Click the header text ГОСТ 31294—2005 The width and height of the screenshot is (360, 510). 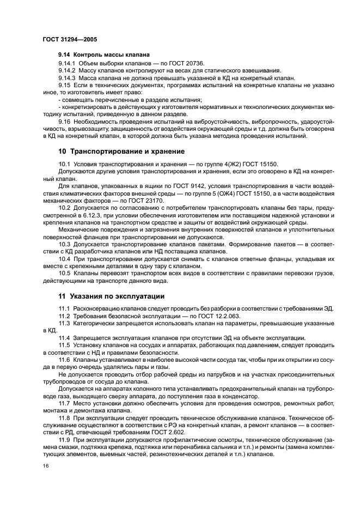click(70, 40)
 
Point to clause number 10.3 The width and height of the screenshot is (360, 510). click(65, 245)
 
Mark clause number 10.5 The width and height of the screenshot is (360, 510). click(65, 273)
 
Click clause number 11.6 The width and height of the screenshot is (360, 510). click(65, 360)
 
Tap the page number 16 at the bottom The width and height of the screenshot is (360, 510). click(46, 467)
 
